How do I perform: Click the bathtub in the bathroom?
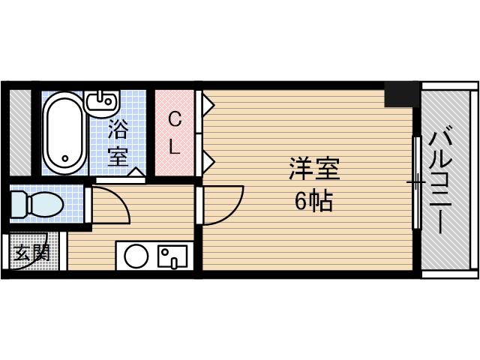tap(63, 133)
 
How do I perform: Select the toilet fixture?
tap(37, 202)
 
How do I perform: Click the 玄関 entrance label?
tap(30, 253)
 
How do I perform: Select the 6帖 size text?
tap(314, 201)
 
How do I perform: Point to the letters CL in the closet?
tap(174, 133)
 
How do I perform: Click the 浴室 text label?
tap(118, 142)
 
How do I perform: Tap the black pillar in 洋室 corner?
tap(401, 94)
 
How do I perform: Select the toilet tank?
tap(18, 202)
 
